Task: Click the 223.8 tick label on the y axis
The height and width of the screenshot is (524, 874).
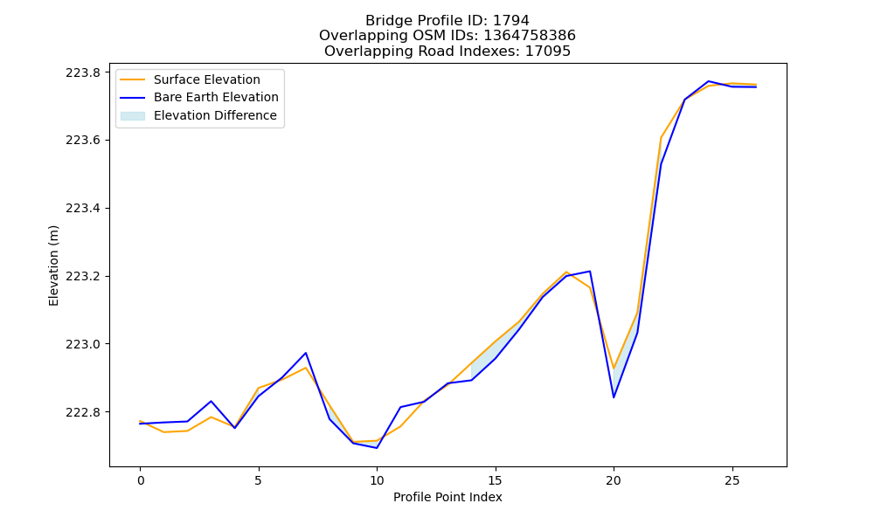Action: tap(83, 72)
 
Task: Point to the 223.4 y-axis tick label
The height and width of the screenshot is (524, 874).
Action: tap(83, 208)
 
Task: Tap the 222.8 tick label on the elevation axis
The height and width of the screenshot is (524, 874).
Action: tap(83, 412)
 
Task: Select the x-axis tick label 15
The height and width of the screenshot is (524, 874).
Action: tap(495, 480)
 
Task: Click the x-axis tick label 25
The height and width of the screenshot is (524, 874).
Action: tap(732, 480)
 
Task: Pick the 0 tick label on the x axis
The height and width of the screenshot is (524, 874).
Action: tap(140, 480)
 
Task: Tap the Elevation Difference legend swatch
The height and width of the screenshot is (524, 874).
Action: tap(133, 116)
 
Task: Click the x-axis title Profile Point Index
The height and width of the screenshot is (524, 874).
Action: tap(447, 497)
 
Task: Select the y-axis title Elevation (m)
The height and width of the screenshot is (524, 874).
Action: tap(53, 265)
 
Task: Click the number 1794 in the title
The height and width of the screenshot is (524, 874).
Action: tap(511, 21)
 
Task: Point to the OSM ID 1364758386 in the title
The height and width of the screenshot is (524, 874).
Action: tap(530, 36)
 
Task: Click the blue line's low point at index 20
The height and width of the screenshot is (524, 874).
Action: tap(614, 397)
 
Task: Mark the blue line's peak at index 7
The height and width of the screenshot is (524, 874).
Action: tap(306, 353)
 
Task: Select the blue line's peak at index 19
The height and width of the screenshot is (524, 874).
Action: tap(590, 272)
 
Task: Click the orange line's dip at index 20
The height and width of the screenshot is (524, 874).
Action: tap(614, 368)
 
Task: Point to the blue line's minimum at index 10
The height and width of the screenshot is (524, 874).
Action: tap(377, 448)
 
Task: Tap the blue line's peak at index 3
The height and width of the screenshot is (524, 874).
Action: tap(212, 401)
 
